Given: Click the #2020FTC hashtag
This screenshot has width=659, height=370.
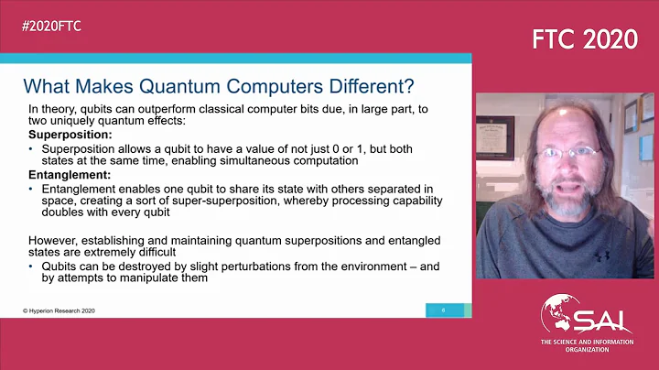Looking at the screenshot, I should point(52,26).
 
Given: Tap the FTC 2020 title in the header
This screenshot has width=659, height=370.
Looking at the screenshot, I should point(585,39).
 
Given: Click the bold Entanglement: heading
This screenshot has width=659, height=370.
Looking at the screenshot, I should point(70,173).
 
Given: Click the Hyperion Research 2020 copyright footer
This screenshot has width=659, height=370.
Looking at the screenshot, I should point(59,310).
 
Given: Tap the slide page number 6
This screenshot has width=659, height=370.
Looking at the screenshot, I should point(444,310).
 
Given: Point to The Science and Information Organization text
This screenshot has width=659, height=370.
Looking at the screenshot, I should point(585,346).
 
